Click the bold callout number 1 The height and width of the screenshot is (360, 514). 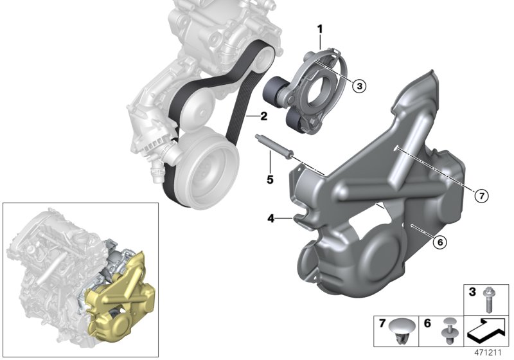[x=319, y=28]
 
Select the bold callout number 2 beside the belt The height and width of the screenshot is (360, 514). [x=263, y=116]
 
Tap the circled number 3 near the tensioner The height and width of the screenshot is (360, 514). [x=359, y=85]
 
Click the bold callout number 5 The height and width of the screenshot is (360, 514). [x=270, y=179]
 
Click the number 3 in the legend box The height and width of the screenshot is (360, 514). [x=471, y=293]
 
